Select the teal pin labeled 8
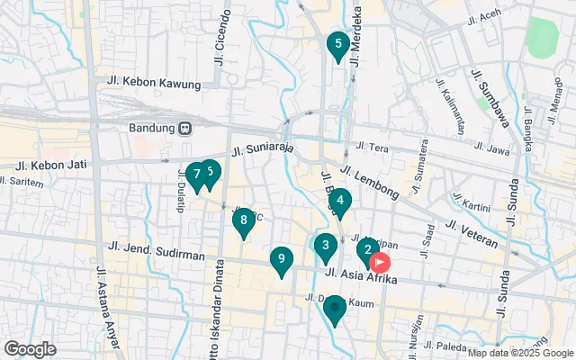pyautogui.click(x=244, y=220)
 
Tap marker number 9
pyautogui.click(x=282, y=260)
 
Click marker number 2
pyautogui.click(x=366, y=250)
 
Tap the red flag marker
pyautogui.click(x=381, y=263)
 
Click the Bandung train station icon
pyautogui.click(x=184, y=127)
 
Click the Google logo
pyautogui.click(x=30, y=348)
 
